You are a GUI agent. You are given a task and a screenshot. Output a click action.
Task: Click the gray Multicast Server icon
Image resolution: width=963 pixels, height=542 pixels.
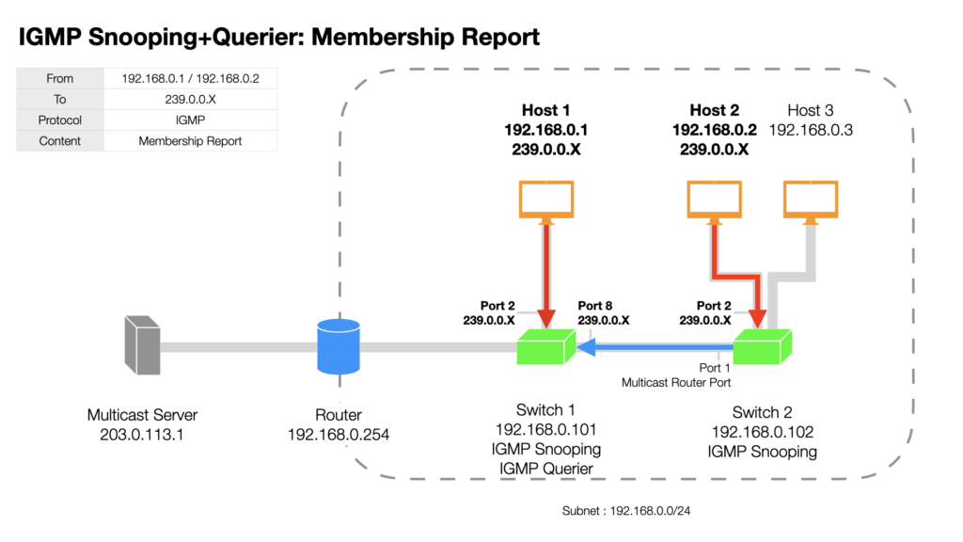(143, 344)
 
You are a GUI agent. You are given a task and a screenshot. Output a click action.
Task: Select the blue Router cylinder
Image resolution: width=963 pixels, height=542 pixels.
(339, 346)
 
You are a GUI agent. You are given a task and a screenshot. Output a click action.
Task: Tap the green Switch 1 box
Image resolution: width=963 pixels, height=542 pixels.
(546, 347)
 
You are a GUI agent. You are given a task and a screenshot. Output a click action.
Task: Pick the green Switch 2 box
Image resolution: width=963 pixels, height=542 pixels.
(762, 347)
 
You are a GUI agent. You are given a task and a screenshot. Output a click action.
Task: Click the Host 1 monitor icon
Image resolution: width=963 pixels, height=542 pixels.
(546, 200)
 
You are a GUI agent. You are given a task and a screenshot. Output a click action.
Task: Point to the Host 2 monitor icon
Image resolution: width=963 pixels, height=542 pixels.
(715, 200)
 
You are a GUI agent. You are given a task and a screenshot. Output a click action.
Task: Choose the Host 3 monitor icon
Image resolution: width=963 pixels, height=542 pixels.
(811, 200)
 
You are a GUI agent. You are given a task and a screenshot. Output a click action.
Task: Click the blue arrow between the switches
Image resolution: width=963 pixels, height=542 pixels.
(655, 348)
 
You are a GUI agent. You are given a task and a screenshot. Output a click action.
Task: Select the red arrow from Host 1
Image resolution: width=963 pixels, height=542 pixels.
(546, 276)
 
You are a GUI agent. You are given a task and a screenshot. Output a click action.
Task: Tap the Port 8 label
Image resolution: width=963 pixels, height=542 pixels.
(594, 306)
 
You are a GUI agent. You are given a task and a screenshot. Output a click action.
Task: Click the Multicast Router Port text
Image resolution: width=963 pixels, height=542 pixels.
(675, 382)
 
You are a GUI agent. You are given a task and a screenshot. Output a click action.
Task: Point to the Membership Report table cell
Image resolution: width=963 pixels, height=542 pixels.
(190, 141)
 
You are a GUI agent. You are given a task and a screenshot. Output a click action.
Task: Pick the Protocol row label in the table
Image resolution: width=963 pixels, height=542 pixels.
(59, 120)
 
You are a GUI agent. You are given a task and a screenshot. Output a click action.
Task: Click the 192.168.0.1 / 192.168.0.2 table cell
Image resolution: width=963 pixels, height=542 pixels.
(190, 78)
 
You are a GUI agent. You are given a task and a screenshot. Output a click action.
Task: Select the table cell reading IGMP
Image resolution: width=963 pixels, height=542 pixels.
(190, 120)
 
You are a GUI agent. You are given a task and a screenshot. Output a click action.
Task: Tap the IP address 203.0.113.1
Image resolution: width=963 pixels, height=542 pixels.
(142, 435)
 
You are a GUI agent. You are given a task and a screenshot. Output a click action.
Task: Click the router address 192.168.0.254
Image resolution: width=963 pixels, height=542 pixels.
(339, 435)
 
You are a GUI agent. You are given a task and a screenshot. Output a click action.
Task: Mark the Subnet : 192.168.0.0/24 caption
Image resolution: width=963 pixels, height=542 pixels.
(625, 511)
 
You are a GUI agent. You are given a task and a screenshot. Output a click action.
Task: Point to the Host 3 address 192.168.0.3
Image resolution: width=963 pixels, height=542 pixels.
(811, 130)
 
